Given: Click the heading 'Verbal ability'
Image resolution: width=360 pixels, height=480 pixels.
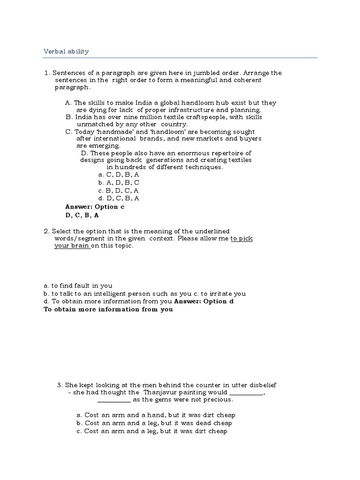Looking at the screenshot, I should coord(66,52).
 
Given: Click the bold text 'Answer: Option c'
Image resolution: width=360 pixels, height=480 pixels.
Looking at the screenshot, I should coord(95,207).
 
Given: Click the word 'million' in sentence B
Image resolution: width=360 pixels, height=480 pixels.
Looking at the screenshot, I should coord(131,117).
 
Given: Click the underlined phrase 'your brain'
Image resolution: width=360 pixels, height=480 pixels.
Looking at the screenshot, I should coord(71,246).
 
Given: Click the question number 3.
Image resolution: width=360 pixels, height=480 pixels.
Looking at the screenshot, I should coord(60,385).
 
